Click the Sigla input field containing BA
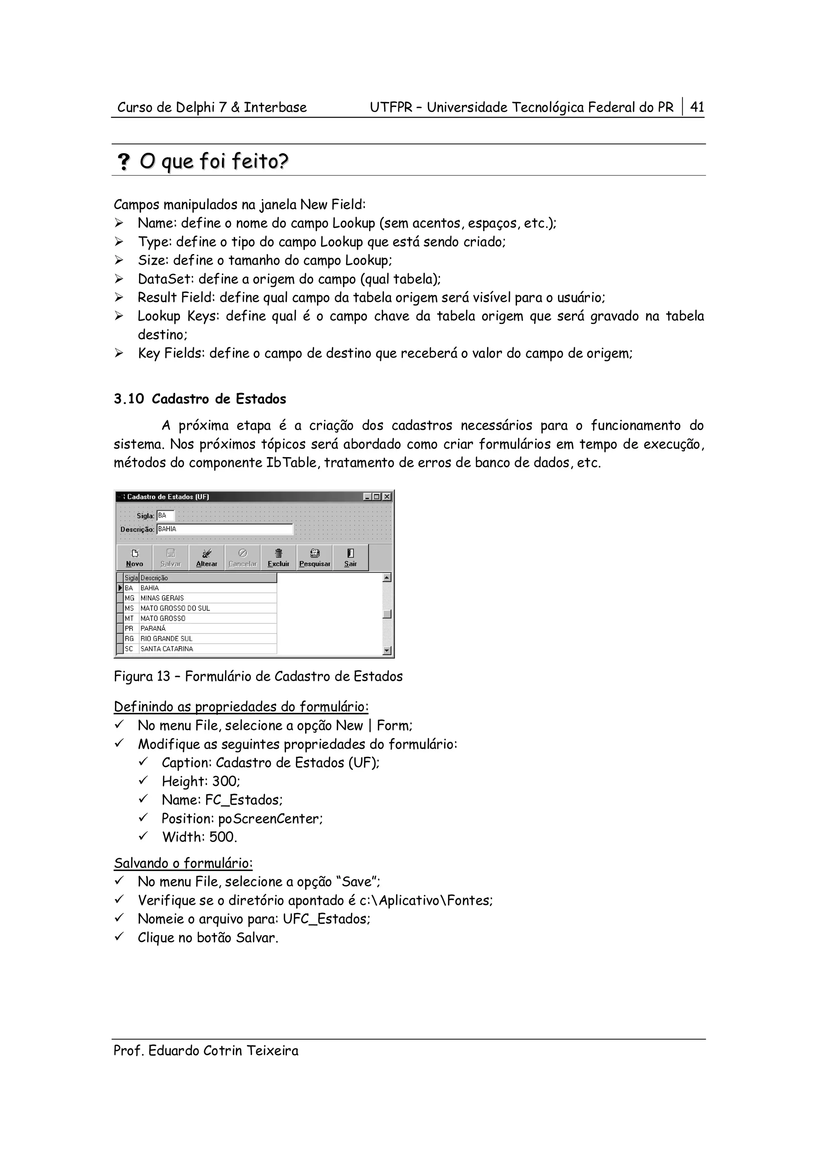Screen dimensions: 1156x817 pyautogui.click(x=165, y=515)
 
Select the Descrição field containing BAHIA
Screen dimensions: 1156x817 pyautogui.click(x=224, y=529)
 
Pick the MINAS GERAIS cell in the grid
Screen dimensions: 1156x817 pyautogui.click(x=162, y=598)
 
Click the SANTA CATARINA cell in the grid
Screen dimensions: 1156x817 pyautogui.click(x=167, y=649)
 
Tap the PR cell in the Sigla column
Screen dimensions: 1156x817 pyautogui.click(x=129, y=628)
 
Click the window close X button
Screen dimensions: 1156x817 pyautogui.click(x=387, y=497)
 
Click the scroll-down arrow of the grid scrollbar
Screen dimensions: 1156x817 pyautogui.click(x=387, y=651)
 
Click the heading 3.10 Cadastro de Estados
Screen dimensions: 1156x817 pyautogui.click(x=200, y=399)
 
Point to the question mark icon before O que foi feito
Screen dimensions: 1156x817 pyautogui.click(x=123, y=162)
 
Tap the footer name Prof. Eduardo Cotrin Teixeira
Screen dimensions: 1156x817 pyautogui.click(x=206, y=1051)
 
